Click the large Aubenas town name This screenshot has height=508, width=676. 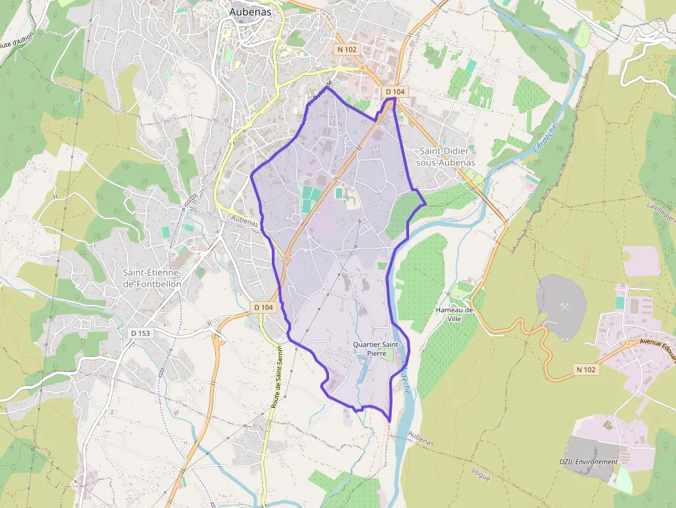246,12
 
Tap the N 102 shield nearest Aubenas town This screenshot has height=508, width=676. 347,50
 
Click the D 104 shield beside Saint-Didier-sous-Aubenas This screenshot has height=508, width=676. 395,92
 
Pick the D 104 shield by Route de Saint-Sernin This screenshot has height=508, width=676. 264,307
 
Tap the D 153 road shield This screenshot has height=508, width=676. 140,332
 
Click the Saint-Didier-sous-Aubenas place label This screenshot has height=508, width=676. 446,156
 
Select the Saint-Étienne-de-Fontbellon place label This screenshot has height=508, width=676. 152,278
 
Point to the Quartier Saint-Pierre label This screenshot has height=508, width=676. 376,349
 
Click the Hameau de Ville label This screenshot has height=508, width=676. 455,314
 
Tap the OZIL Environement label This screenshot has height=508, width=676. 588,461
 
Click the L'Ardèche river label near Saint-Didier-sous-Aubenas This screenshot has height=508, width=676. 544,138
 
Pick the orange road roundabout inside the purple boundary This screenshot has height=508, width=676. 286,256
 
